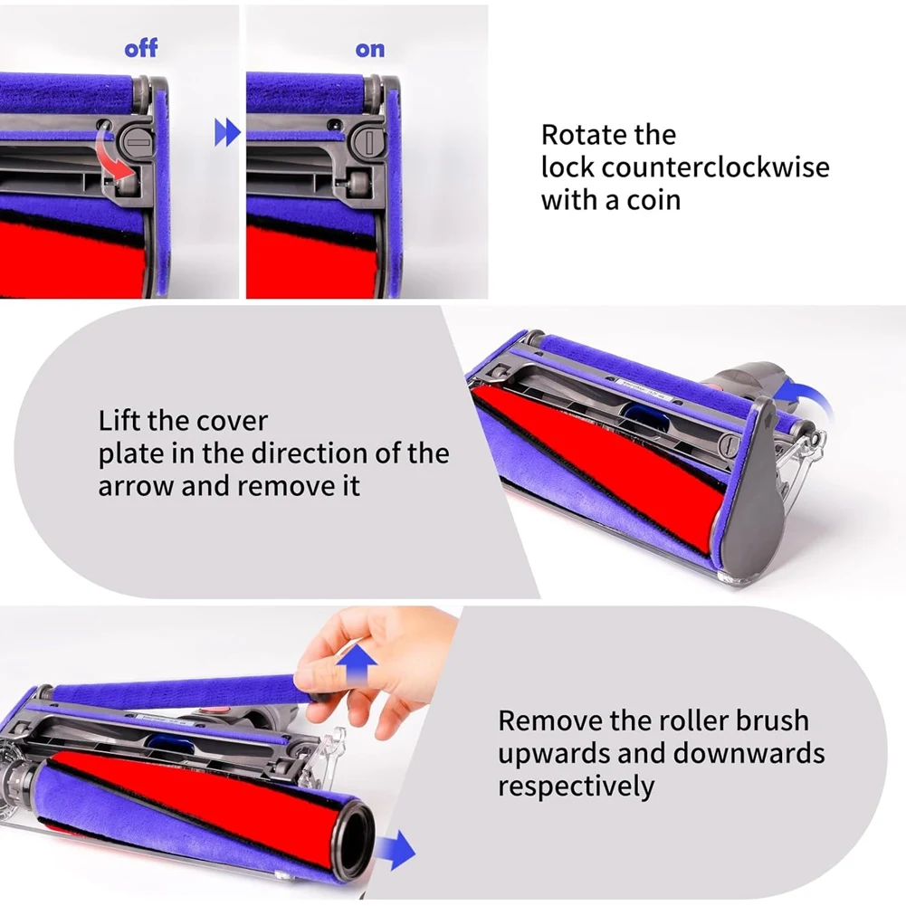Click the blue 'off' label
[x=140, y=48]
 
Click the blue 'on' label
[x=369, y=49]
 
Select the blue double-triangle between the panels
[x=226, y=135]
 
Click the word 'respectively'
[x=576, y=785]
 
